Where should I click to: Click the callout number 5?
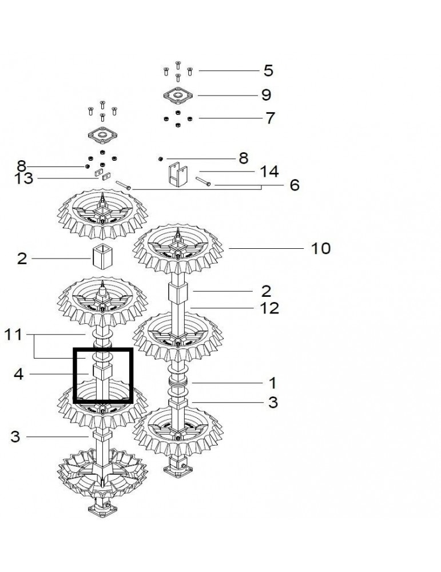coord(268,70)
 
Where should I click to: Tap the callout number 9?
coord(267,95)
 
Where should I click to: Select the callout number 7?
coord(270,118)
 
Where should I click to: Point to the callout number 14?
coord(269,171)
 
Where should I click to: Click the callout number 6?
coord(295,185)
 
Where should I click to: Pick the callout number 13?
coord(24,178)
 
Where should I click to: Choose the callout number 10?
coord(321,248)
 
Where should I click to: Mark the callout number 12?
coord(269,308)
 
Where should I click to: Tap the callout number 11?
coord(13,335)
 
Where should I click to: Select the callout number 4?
coord(19,374)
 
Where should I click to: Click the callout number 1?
coord(272,383)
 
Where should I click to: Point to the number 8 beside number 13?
coord(22,166)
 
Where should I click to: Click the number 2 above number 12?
coord(267,291)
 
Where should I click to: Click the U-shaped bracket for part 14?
coord(178,174)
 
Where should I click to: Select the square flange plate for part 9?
coord(178,95)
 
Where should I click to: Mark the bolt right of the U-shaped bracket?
coord(203,181)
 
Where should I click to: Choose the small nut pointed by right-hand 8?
coord(160,158)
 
